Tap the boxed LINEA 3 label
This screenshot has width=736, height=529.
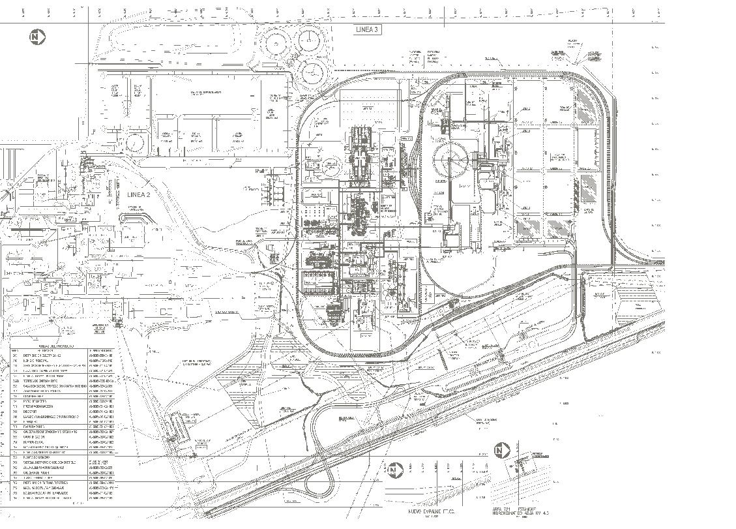(x=367, y=30)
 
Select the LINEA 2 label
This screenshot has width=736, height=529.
(x=139, y=194)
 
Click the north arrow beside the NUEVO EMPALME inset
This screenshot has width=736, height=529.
(x=393, y=470)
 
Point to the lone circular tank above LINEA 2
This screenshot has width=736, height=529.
(x=134, y=142)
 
